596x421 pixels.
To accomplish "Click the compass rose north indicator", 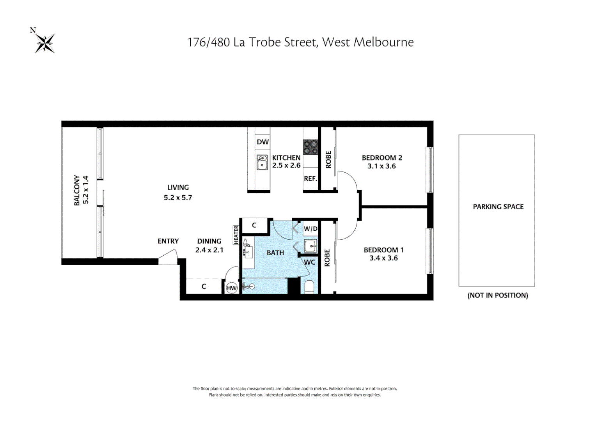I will pos(44,42).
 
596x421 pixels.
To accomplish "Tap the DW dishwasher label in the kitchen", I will pos(263,142).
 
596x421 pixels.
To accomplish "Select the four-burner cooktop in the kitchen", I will pos(311,147).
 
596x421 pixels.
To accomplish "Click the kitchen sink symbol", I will pos(262,163).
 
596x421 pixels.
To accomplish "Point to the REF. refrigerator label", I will pos(310,179).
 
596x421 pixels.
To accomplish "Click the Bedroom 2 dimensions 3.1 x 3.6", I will pos(381,166).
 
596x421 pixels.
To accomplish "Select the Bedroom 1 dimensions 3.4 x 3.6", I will pos(383,258).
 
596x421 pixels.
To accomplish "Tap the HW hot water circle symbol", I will pos(232,288).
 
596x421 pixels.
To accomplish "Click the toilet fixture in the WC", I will pos(309,287).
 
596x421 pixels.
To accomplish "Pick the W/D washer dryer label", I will pos(310,229).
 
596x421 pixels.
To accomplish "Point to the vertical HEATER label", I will pos(236,235).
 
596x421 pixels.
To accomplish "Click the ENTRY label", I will pos(168,241).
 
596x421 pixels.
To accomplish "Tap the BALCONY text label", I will pos(77,190).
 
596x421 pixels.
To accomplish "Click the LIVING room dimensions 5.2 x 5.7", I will pos(178,198).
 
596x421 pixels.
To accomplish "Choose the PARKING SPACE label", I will pos(498,207).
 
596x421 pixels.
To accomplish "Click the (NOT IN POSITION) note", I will pos(498,295).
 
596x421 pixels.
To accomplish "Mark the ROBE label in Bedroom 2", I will pos(328,159).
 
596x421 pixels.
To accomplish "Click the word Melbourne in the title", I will pos(383,42).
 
